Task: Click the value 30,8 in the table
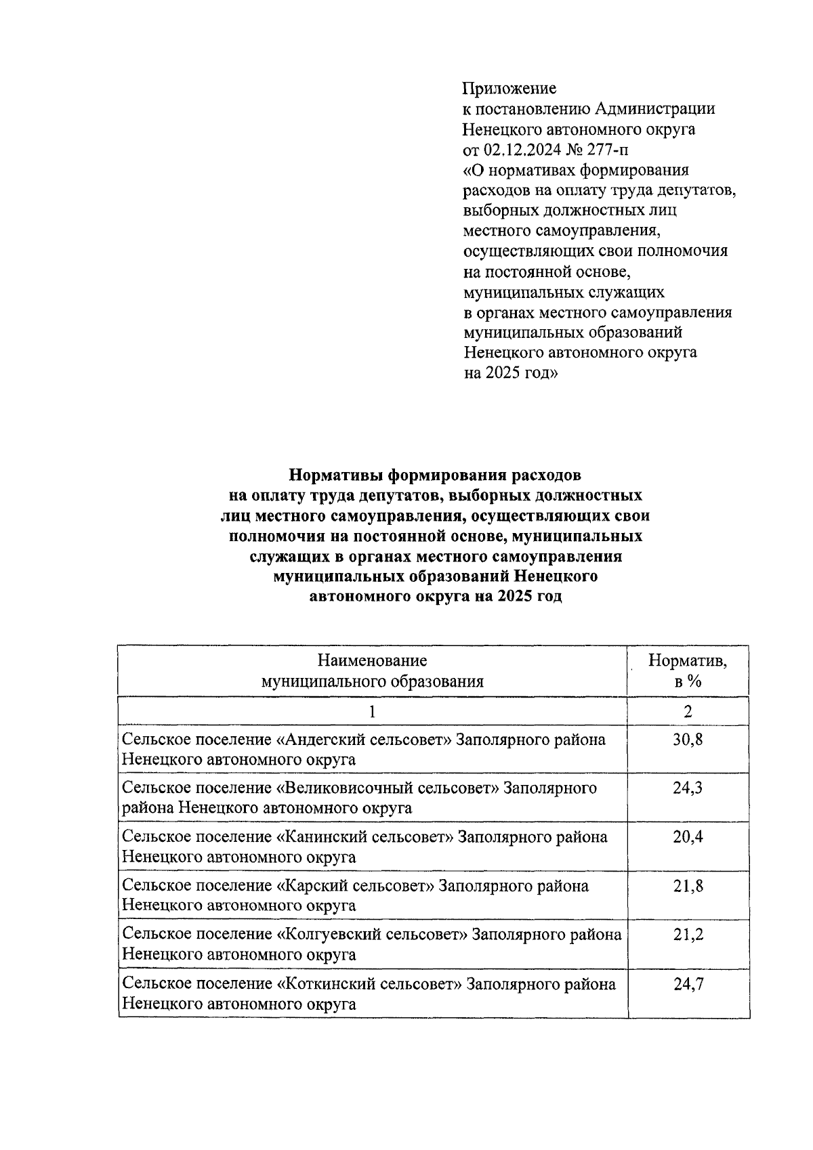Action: (688, 739)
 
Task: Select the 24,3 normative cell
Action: (688, 788)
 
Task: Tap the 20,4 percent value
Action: (688, 836)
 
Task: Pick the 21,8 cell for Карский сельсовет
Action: (688, 885)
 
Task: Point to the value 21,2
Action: (688, 934)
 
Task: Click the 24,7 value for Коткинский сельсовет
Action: (688, 983)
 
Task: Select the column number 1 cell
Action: (372, 711)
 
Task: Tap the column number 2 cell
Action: (688, 711)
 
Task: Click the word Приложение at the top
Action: (509, 88)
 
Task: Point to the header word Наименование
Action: (372, 660)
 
